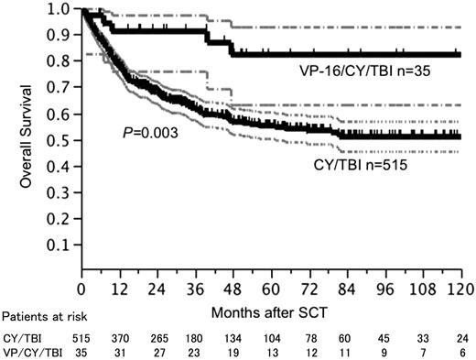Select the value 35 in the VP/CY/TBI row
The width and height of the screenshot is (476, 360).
[x=81, y=350]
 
